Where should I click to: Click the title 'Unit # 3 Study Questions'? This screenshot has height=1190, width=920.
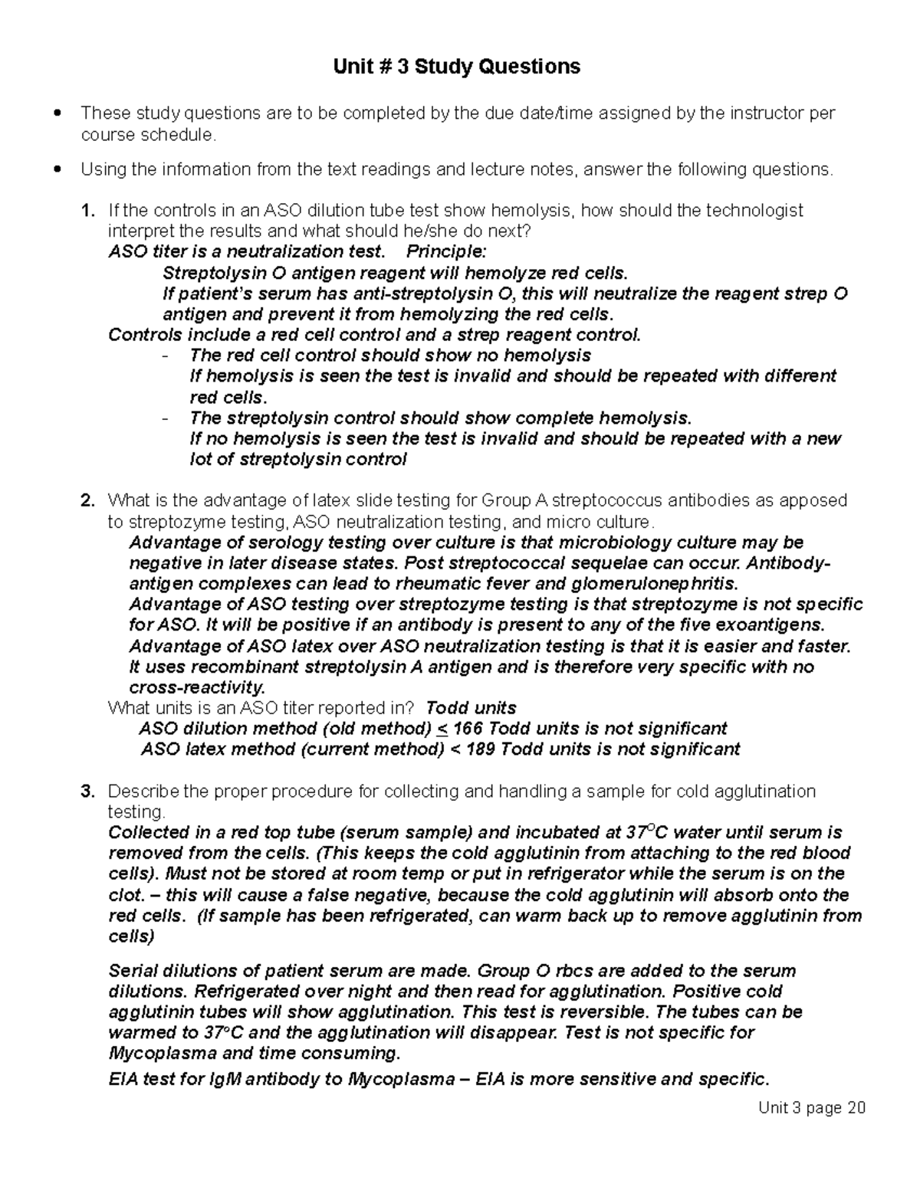pyautogui.click(x=456, y=67)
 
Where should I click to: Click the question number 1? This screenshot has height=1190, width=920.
pyautogui.click(x=87, y=210)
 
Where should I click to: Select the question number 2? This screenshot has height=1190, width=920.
pyautogui.click(x=87, y=501)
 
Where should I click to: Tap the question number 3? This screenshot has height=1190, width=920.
pyautogui.click(x=87, y=791)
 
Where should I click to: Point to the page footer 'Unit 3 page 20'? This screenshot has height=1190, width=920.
pyautogui.click(x=811, y=1108)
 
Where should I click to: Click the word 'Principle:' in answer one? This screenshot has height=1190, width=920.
pyautogui.click(x=445, y=251)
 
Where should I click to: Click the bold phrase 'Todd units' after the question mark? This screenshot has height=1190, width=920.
pyautogui.click(x=471, y=707)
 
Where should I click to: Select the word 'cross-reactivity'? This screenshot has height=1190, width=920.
pyautogui.click(x=197, y=687)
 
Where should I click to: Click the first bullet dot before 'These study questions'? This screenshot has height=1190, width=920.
pyautogui.click(x=58, y=114)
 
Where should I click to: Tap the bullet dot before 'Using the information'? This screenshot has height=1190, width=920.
pyautogui.click(x=58, y=169)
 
